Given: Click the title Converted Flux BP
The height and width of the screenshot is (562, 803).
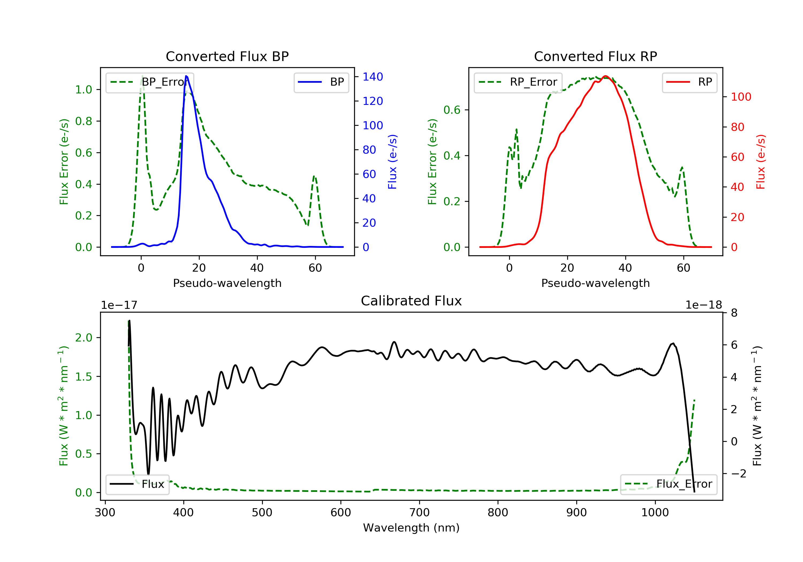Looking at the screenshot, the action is [x=227, y=56].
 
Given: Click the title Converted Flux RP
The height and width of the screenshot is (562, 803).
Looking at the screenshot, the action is [x=595, y=56].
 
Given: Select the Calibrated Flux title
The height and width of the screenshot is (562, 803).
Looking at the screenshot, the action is [x=411, y=301].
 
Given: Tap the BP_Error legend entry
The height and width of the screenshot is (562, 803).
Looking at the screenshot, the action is [x=149, y=82].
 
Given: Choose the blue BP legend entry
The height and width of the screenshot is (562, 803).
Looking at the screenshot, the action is [x=321, y=82].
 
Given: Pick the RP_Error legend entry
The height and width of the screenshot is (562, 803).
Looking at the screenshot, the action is [x=518, y=82].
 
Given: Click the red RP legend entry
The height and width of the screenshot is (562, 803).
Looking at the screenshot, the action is [x=689, y=82].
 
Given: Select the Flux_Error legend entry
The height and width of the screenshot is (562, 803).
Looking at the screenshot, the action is [x=668, y=484].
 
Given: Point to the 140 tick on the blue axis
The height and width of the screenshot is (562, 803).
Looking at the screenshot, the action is [x=373, y=77].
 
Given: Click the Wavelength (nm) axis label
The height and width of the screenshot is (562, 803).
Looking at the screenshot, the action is [x=411, y=528].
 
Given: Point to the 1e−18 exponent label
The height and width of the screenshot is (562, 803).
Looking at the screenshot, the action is [x=704, y=305].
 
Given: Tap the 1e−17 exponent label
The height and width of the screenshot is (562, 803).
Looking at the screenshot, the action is [x=119, y=305].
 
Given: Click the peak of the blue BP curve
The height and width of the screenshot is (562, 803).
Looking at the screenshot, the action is [x=186, y=76].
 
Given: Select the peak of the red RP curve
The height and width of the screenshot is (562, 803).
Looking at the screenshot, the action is [x=605, y=76].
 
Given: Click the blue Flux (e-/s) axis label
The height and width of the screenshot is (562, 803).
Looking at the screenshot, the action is [x=392, y=162].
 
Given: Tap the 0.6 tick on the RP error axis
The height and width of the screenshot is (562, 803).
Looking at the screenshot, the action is [x=452, y=110].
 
